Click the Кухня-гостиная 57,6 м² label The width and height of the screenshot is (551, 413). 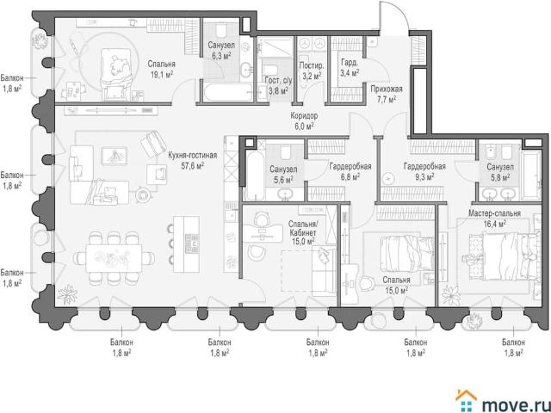coord(192,161)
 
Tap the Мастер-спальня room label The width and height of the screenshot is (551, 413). coord(494,213)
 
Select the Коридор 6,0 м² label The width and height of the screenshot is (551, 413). coord(304,120)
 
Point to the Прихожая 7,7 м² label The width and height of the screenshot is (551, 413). coord(387,94)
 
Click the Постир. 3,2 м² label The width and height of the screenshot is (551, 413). coord(311,71)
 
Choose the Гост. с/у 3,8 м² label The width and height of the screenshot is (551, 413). coord(278,85)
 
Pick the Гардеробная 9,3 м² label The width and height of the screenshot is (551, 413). coord(424,171)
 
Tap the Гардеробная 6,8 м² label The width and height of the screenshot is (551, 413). coord(350,171)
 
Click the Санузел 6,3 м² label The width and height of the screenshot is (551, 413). coord(221,50)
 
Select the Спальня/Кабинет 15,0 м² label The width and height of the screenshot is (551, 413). coord(303,232)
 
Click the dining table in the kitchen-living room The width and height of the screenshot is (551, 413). coord(114,258)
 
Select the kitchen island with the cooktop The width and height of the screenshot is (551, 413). coord(186,243)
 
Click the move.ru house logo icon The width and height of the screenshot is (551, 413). coord(467,400)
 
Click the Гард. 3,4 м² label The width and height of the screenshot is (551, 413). coord(350,68)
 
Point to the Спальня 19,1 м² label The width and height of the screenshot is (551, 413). coord(161,69)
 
